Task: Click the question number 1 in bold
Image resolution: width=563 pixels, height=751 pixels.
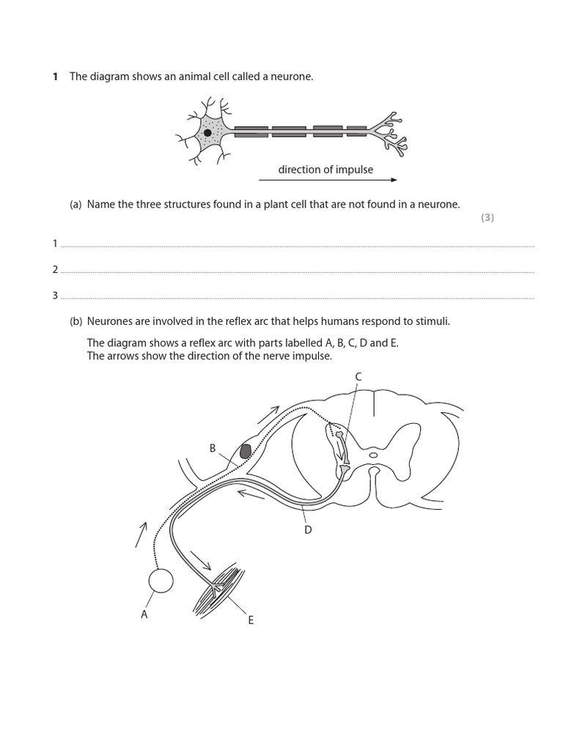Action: point(55,77)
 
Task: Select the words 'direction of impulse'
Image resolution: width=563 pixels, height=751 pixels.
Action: point(325,169)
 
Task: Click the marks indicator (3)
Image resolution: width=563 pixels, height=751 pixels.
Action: point(487,218)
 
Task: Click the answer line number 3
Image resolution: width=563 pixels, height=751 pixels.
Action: point(55,296)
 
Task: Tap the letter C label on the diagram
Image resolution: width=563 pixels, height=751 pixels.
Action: point(358,376)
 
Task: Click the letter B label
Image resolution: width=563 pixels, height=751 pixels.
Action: point(213,448)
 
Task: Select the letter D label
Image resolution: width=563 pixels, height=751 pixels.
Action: point(309,529)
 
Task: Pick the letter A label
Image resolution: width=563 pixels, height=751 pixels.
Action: point(144,615)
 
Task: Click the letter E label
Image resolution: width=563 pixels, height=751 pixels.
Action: point(251,620)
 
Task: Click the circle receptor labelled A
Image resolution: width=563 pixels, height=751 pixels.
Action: point(161,580)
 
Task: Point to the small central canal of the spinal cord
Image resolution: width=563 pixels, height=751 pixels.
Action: point(374,455)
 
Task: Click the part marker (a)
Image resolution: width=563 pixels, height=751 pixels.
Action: point(76,205)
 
